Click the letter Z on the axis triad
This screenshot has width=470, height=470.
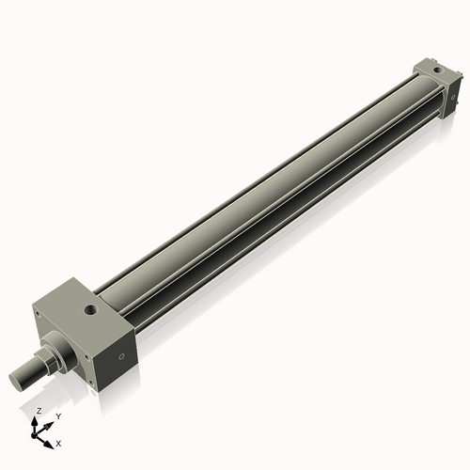[x=39, y=412]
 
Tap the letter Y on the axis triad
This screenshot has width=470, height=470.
[x=57, y=415]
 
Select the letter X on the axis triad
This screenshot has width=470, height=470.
[x=59, y=442]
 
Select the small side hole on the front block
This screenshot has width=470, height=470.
[x=120, y=357]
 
